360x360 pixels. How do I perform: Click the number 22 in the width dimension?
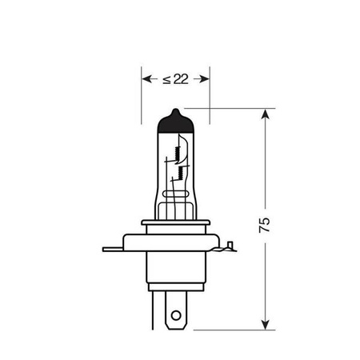click(x=181, y=78)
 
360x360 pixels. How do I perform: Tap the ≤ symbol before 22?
click(x=166, y=78)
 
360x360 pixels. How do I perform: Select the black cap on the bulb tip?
click(x=175, y=123)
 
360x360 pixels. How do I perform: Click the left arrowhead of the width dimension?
click(x=146, y=78)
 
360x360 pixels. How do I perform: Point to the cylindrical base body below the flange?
click(x=175, y=272)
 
